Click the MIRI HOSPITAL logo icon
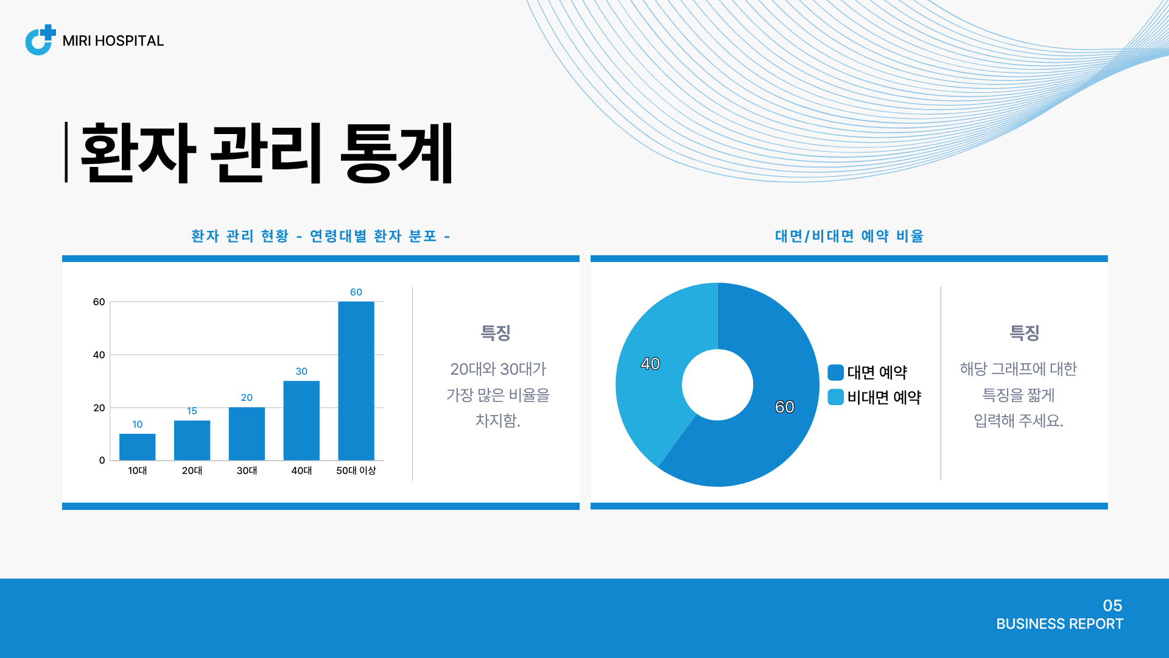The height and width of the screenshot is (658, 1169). [40, 40]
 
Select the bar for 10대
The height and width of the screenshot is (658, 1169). [137, 447]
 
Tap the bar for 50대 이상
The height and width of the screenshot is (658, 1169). [356, 381]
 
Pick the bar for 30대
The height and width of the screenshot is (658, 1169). [247, 433]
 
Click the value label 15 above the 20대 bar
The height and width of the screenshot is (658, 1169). [192, 411]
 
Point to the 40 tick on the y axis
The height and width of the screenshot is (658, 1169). [99, 355]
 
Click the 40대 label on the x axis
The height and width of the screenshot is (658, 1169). [301, 470]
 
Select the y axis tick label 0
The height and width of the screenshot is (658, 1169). [102, 460]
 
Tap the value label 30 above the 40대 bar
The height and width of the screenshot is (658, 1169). [301, 371]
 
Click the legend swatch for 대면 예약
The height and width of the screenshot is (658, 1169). [835, 372]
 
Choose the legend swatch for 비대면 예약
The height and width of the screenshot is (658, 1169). [835, 397]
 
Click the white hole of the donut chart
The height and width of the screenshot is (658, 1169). [717, 384]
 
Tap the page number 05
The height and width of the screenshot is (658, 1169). [1112, 605]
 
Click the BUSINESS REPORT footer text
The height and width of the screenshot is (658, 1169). [1059, 624]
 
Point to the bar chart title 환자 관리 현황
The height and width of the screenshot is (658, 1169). [240, 236]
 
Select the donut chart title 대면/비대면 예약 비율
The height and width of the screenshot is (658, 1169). [849, 236]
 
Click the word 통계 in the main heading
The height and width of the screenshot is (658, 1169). [397, 152]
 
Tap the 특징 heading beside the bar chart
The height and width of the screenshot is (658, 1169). [496, 333]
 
